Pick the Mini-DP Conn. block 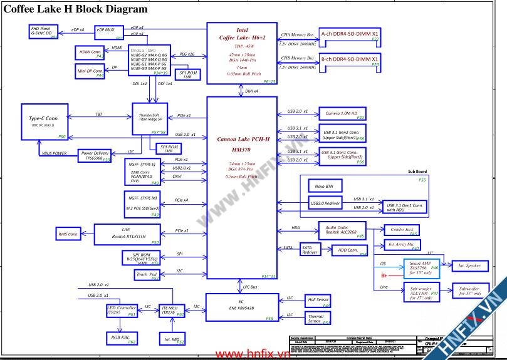click(90, 71)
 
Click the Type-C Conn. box click(43, 121)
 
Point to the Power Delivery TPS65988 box click(95, 155)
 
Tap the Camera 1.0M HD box click(342, 114)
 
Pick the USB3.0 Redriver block click(324, 203)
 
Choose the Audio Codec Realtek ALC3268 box click(342, 229)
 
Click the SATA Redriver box click(310, 249)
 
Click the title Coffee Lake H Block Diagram click(76, 9)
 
